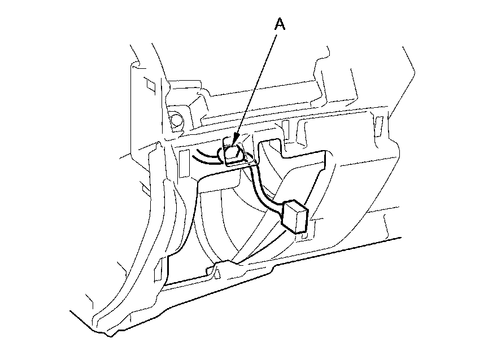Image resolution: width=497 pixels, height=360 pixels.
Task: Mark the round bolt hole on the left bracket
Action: (176, 120)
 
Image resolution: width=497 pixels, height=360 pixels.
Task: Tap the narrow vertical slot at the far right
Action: (379, 124)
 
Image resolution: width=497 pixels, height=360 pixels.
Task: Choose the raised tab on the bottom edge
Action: (220, 265)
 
